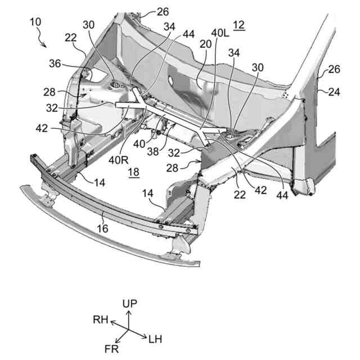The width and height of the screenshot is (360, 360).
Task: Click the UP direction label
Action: tap(130, 304)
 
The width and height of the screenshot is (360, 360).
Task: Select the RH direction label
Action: tap(101, 320)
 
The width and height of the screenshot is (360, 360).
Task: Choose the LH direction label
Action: tap(157, 339)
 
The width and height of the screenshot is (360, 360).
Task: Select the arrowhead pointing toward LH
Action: tap(146, 336)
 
